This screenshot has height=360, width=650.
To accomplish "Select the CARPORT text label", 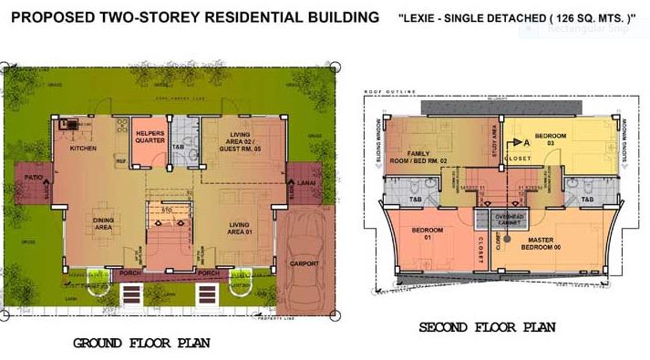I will tap(304, 264).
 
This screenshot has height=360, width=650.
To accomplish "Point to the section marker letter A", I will tap(526, 142).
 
